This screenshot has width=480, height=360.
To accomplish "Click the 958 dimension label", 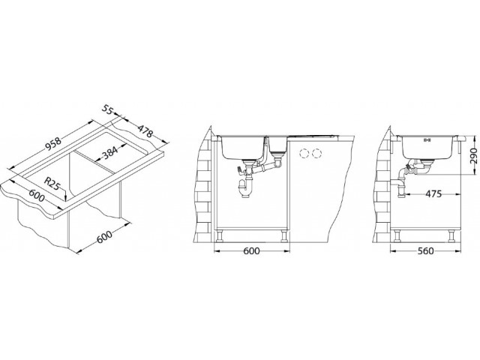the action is point(54,144).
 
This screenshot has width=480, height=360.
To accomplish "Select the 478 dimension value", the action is point(145,131).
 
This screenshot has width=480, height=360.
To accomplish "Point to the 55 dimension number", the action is point(108,109).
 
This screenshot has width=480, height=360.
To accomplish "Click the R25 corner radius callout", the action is point(52,184).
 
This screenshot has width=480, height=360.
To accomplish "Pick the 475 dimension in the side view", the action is point(432,193).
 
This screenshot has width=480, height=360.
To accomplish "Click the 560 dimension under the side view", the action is point(425,251).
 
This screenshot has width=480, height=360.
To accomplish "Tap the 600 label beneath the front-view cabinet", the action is point(251,251).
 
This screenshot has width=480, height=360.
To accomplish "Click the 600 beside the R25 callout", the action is point(37,196).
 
